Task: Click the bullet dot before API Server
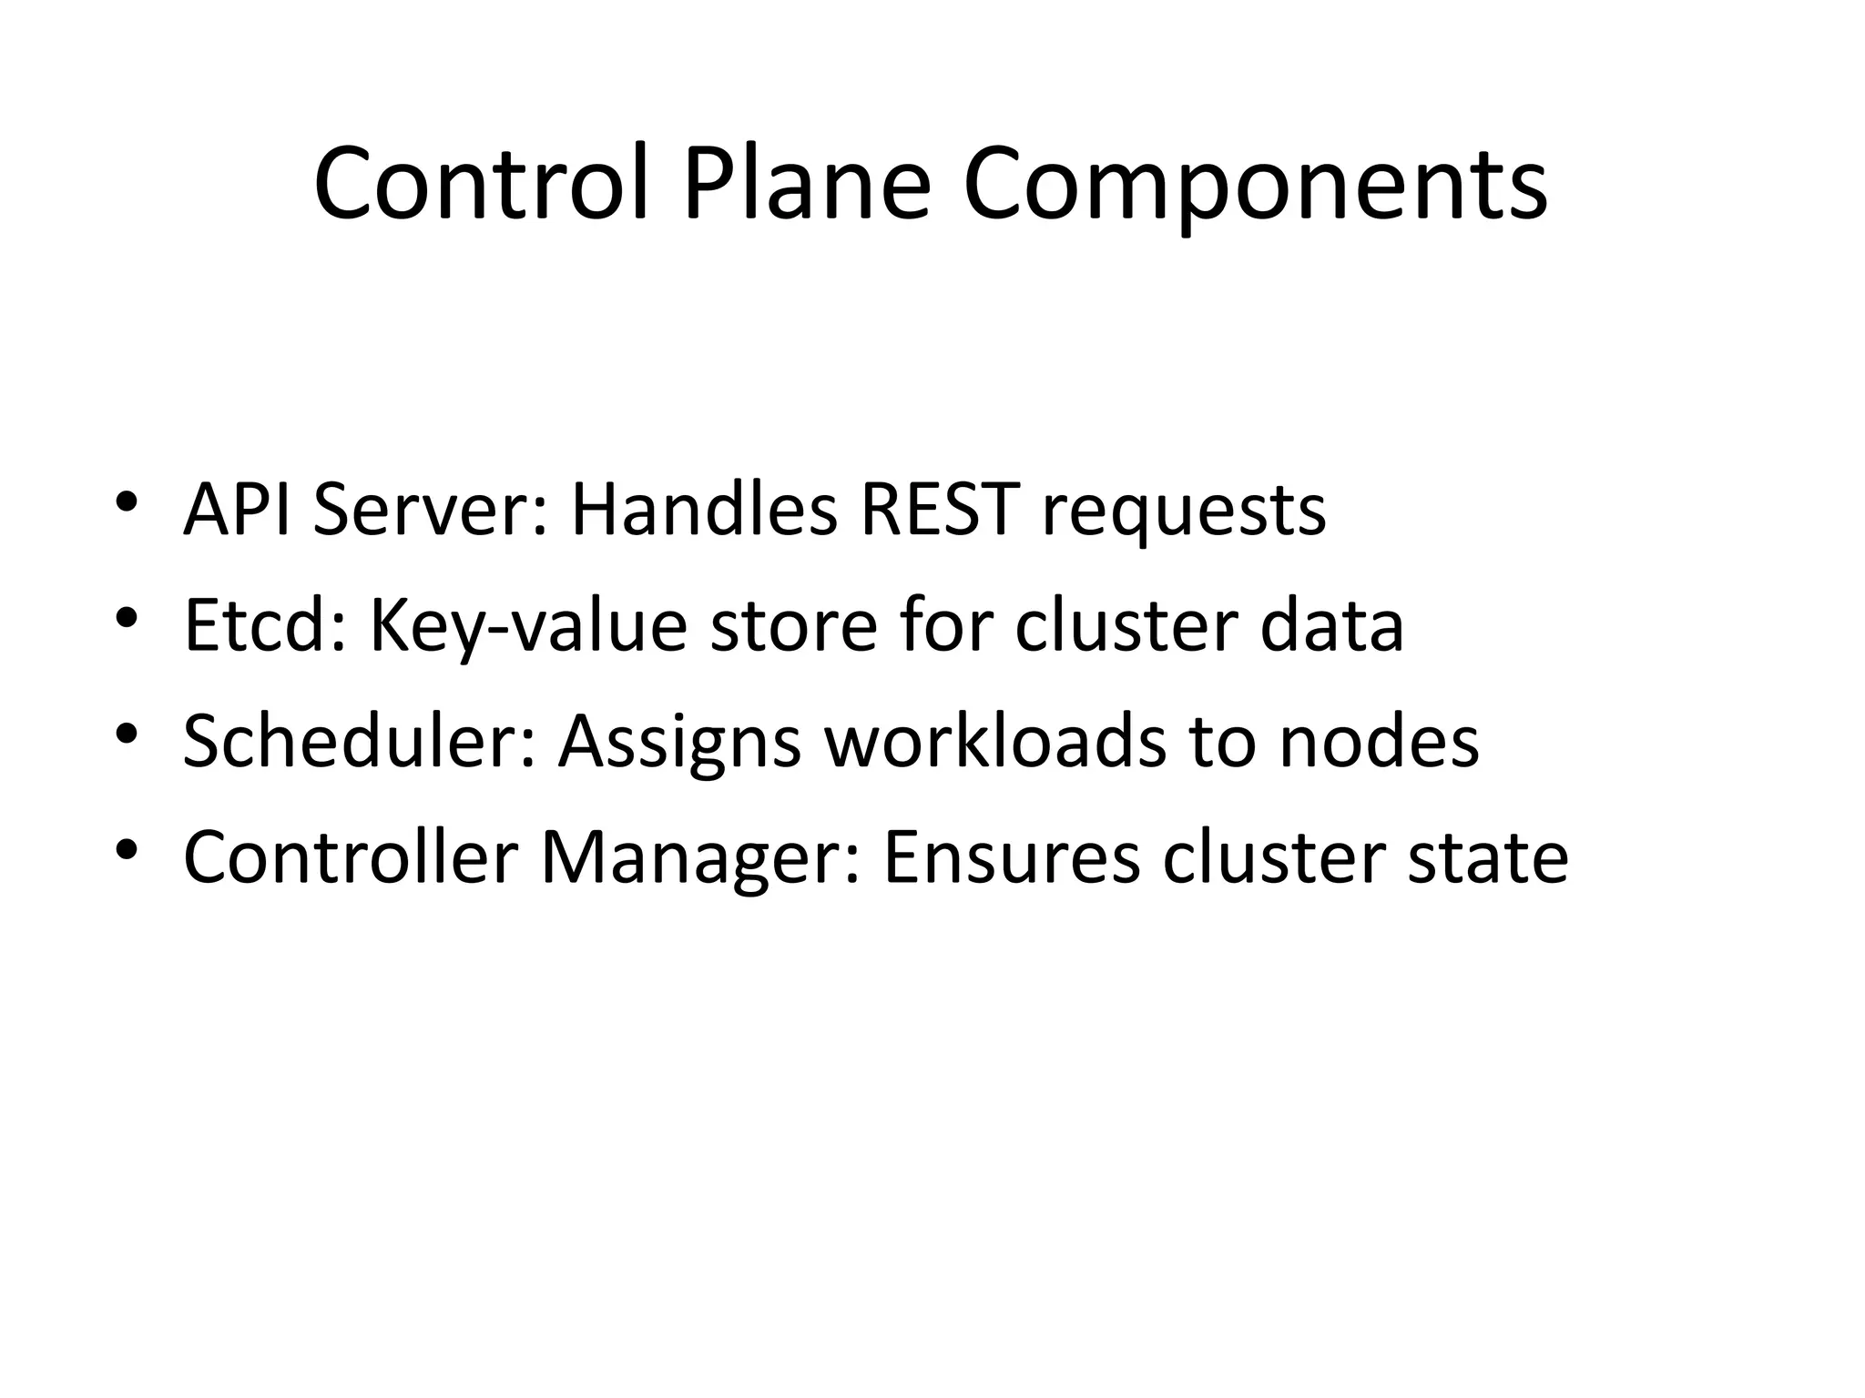[127, 501]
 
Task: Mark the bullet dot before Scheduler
[127, 733]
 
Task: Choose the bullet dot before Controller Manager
[127, 848]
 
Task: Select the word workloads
[995, 741]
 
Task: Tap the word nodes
[1379, 741]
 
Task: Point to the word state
[1488, 856]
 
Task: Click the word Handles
[703, 510]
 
